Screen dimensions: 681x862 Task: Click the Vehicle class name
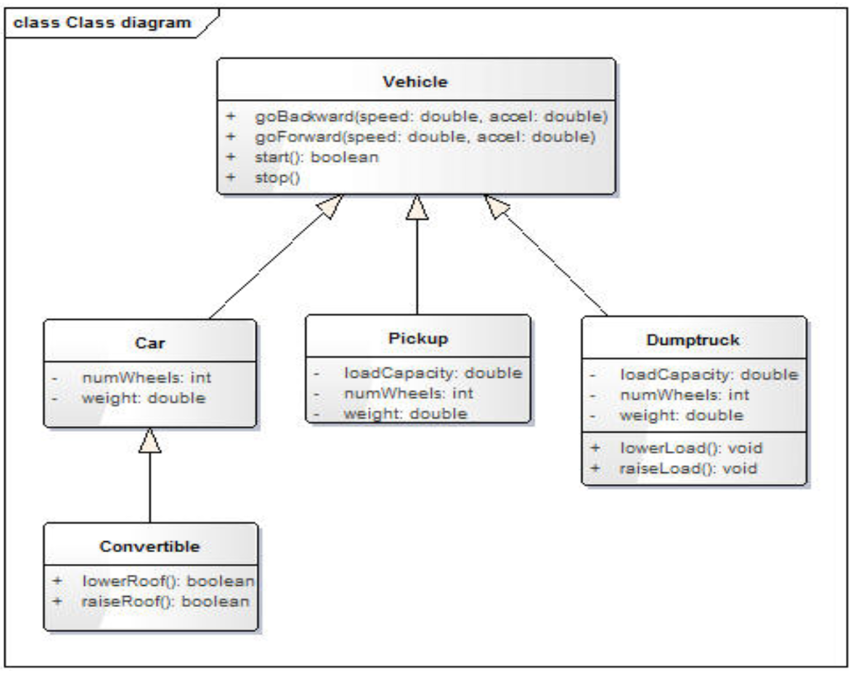(415, 82)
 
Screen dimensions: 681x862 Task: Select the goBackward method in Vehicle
(430, 116)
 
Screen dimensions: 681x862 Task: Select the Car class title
(149, 343)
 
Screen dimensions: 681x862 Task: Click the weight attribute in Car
(143, 397)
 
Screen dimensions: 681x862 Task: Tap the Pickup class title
(418, 339)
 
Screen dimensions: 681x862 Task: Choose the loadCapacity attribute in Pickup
(433, 372)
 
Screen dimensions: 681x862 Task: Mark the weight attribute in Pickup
(405, 412)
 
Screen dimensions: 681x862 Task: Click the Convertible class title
(150, 546)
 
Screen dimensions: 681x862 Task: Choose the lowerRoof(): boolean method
(168, 581)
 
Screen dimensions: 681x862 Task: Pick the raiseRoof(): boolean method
(166, 601)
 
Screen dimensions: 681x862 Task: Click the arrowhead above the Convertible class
(150, 440)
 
